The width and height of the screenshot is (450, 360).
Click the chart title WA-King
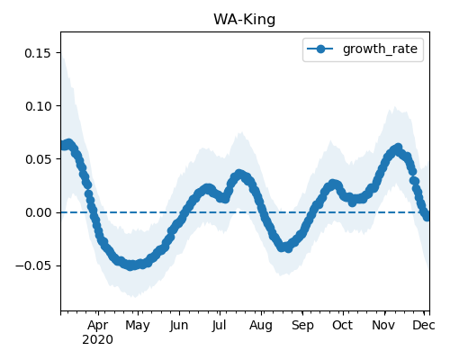coord(244,20)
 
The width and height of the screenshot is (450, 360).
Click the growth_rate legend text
coord(380,49)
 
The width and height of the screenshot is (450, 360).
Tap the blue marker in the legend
coord(320,49)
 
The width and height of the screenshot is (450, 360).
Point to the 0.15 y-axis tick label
coord(38,53)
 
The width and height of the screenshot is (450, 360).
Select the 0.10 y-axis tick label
coord(38,106)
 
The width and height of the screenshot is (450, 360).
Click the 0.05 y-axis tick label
coord(38,159)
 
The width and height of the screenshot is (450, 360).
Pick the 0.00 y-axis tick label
coord(38,212)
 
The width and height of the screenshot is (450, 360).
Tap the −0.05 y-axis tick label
coord(33,265)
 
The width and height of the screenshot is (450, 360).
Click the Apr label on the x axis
coord(98,326)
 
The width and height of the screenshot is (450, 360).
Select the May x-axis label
coord(138,326)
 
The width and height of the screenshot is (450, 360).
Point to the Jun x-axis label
coord(179,326)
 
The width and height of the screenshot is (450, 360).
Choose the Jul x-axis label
coord(219,326)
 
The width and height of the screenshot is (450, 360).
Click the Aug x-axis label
coord(261,326)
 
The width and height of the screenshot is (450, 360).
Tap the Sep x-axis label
coord(302,326)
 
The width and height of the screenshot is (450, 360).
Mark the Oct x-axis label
coord(343,326)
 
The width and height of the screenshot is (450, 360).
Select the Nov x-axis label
coord(383,326)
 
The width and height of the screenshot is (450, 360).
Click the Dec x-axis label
coord(424,326)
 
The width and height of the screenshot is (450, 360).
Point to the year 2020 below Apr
coord(98,340)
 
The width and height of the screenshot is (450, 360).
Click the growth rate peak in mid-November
coord(398,148)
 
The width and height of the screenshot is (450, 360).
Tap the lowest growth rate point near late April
coord(130,266)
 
